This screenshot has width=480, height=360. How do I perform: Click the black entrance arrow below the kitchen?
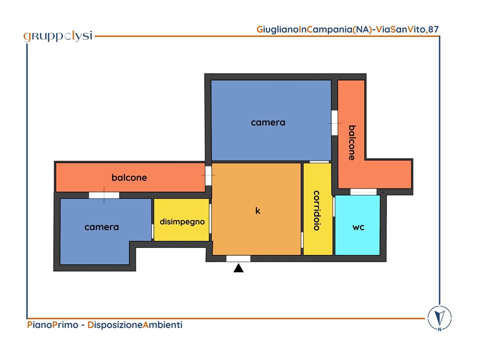pos(238,268)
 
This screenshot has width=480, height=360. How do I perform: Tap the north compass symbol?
pos(439,318)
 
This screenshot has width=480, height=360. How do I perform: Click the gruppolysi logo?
pos(58,36)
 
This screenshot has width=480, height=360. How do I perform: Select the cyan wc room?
pos(357,225)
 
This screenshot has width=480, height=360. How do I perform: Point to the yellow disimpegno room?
pos(181,220)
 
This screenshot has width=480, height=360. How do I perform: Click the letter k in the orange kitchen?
pos(258,210)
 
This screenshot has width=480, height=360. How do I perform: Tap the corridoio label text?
pos(317,210)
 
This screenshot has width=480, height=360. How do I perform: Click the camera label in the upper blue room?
pos(268,122)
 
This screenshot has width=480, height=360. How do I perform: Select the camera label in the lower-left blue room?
pos(101,227)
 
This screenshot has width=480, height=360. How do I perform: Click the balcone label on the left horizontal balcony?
pos(129,177)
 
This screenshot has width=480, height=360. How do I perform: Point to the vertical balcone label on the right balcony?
pos(352,142)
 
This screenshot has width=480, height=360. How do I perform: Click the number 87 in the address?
pos(433,29)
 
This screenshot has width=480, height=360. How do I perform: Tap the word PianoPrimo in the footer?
pos(52,324)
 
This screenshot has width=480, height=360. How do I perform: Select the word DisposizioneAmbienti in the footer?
pos(135,325)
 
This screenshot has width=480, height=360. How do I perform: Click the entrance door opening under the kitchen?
pos(238,258)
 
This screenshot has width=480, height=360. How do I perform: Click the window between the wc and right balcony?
pos(363,192)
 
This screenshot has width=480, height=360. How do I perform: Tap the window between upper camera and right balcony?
pos(334,123)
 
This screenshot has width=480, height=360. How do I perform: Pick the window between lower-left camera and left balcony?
pos(104,195)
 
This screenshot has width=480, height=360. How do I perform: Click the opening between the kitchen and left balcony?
pos(208,175)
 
